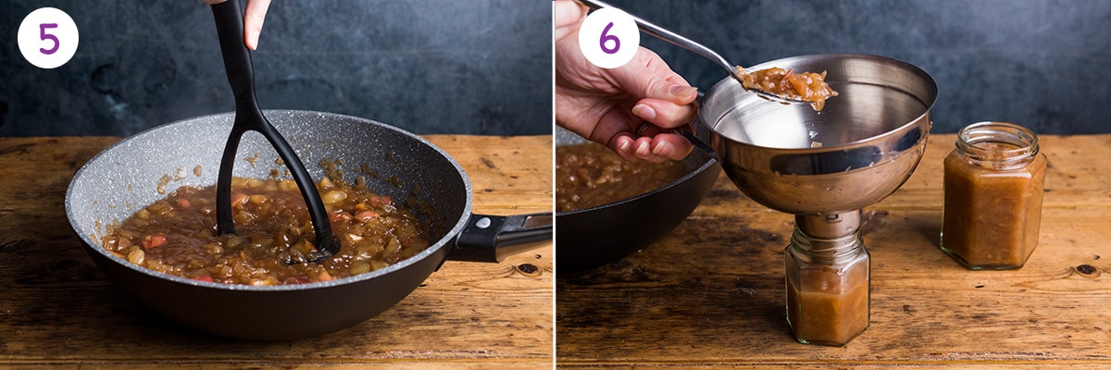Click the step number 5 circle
point(48,38)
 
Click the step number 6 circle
point(608,38)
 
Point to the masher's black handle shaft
point(234,55)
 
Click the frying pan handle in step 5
point(505,235)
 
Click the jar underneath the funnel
point(827,296)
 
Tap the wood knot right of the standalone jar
point(1085,270)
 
